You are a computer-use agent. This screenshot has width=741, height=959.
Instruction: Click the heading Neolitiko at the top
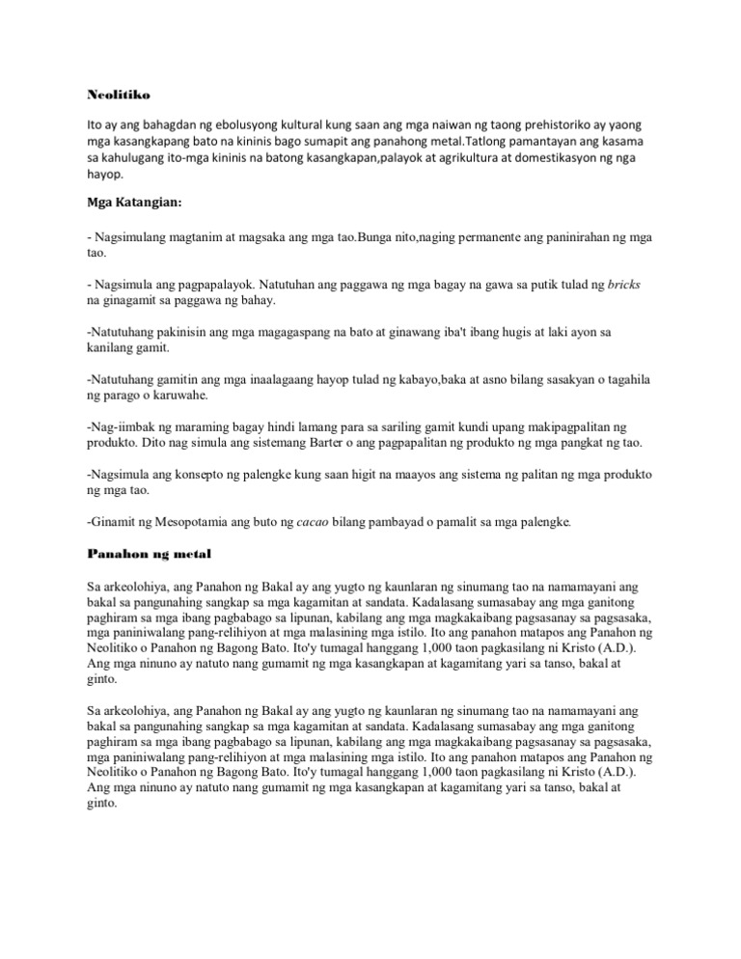point(108,96)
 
